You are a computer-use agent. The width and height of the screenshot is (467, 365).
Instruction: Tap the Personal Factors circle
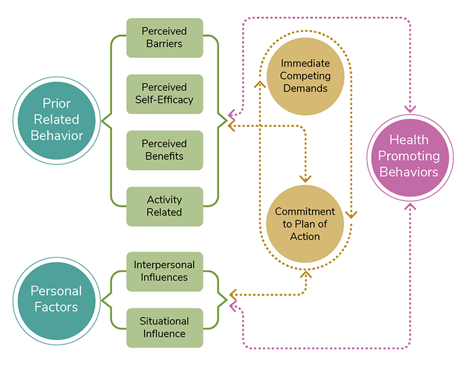tap(55, 298)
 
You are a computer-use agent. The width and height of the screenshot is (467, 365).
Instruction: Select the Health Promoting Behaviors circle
tap(410, 156)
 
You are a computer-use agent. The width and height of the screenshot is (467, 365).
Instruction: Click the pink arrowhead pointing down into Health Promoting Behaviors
tap(410, 108)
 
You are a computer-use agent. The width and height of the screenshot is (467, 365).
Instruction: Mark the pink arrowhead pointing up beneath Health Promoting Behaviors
tap(410, 206)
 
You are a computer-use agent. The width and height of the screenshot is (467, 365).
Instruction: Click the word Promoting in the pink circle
tap(410, 156)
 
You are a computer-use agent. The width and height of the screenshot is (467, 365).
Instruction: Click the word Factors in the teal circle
tap(55, 306)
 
